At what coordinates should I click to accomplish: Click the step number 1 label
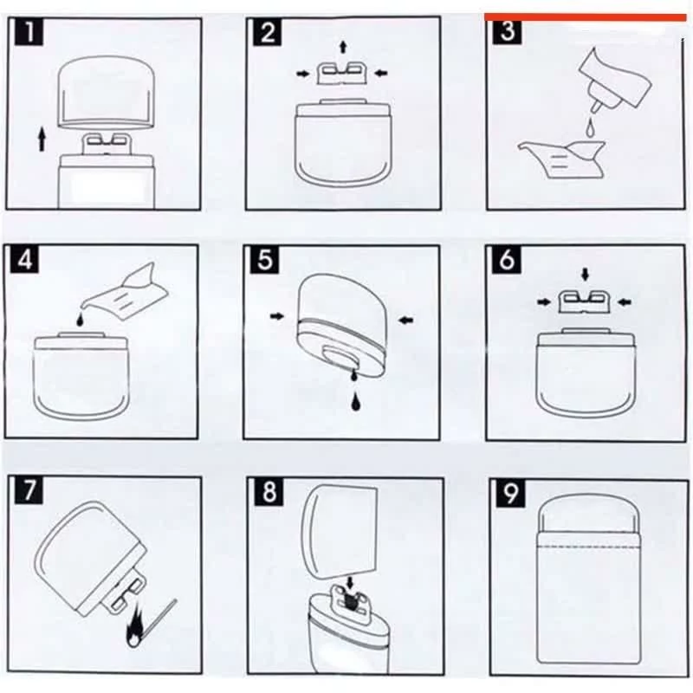pos(29,32)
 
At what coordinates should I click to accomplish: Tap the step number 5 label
pos(265,259)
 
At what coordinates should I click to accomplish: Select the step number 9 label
pos(510,493)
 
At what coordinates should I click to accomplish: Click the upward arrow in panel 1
pos(42,139)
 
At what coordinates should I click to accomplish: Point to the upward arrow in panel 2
pos(343,47)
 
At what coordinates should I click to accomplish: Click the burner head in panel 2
pos(343,74)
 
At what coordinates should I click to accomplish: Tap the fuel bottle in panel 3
pos(614,81)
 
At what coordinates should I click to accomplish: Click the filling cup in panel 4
pos(126,289)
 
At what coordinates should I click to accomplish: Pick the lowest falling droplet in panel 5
pos(355,401)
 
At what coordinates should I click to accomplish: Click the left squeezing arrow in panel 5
pos(277,316)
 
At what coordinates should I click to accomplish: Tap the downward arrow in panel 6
pos(586,275)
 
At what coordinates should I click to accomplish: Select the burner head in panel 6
pos(584,301)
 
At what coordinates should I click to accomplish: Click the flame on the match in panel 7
pos(134,630)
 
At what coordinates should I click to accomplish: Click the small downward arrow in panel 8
pos(351,581)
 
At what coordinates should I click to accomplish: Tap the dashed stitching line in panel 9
pos(589,547)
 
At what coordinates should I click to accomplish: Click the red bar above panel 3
pos(586,17)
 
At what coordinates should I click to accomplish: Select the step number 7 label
pos(29,489)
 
